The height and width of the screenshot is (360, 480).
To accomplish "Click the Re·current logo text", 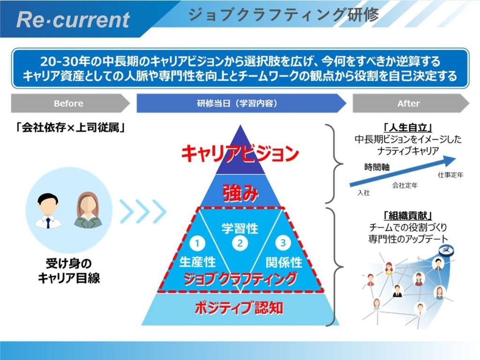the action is pos(73,20).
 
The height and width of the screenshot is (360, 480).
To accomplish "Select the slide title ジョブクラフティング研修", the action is pos(284,15).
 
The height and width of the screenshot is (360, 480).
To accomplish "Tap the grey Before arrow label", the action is pos(68,104).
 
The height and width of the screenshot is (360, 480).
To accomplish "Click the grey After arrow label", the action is pos(409,104).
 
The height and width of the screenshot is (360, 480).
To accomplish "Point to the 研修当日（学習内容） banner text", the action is pos(237,103).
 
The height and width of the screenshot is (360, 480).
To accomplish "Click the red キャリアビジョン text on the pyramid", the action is pos(240,153).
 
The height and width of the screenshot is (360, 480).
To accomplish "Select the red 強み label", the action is pos(240,194).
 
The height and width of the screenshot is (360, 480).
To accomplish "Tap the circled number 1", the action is pos(197,243).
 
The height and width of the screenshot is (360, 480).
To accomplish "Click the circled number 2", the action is pos(240,243).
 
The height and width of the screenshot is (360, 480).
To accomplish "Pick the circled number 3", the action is pos(283,243).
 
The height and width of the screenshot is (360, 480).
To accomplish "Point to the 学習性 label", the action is pos(240,228).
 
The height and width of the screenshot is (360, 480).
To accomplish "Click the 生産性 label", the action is pos(197,262).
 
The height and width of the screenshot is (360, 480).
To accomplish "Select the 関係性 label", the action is pos(284,262).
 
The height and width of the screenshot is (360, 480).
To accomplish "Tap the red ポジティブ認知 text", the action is pos(239,307).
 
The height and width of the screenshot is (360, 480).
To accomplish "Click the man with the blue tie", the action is pos(48,211).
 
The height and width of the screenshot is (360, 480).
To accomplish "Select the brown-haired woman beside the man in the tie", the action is pos(88,210).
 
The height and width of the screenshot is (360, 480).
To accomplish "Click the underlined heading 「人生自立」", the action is pos(408,127).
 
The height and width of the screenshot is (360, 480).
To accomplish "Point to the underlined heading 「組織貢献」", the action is pos(408,216).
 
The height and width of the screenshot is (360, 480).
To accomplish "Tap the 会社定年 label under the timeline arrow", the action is pos(405,185).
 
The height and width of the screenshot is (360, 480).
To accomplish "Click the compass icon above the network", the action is pos(445,250).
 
